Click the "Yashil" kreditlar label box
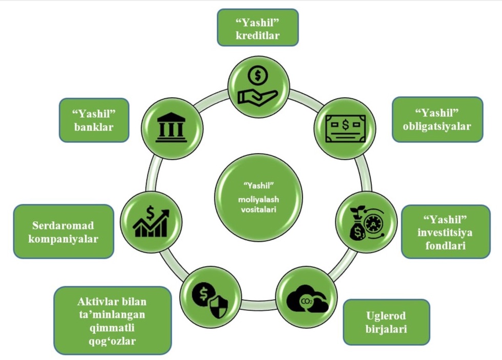[258, 28]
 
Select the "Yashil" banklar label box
[93, 119]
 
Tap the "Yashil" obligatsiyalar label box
[437, 119]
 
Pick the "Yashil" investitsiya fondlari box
[445, 232]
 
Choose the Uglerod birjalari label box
[386, 322]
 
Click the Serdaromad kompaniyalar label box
[64, 231]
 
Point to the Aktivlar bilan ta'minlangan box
[112, 320]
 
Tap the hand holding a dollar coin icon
[258, 86]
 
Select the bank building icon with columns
[172, 126]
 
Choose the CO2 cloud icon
[306, 299]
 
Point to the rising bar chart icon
[151, 222]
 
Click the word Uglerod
[386, 315]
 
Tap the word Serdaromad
[64, 225]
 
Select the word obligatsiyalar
[437, 126]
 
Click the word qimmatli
[112, 327]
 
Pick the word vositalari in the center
[258, 208]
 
